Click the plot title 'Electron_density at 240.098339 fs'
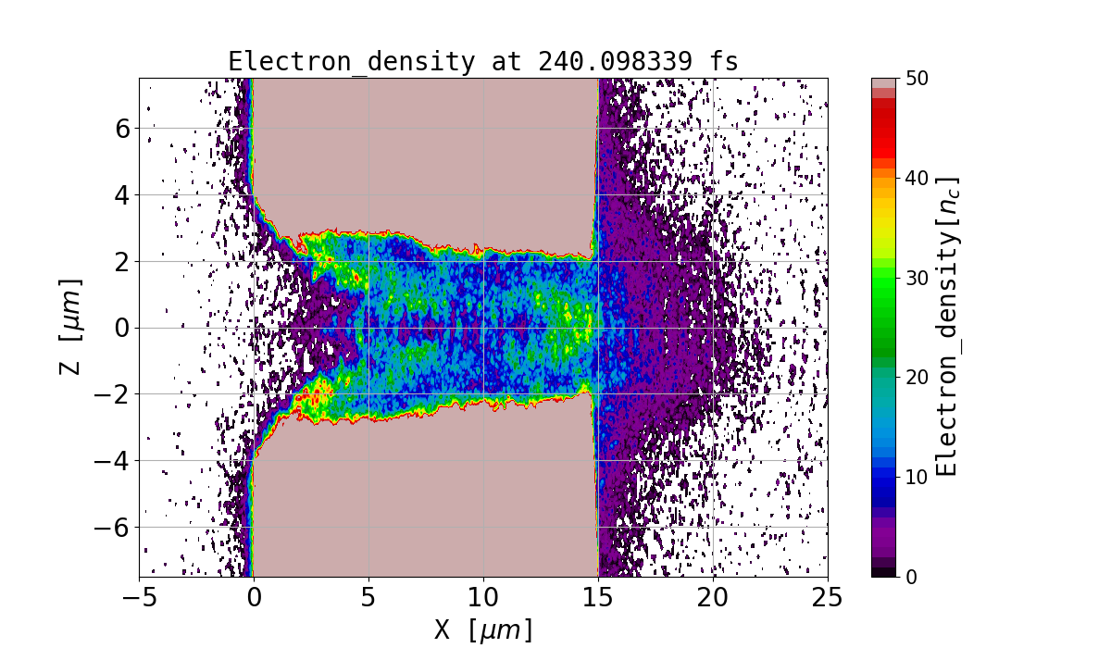[x=483, y=62]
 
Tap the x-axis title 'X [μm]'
[x=483, y=629]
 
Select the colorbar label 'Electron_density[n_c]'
[x=946, y=327]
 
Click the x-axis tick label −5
[x=139, y=598]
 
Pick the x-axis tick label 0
[x=254, y=598]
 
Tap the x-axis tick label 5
[x=368, y=598]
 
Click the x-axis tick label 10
[x=483, y=598]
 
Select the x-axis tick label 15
[x=598, y=598]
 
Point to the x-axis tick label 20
[x=713, y=598]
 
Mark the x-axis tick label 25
[x=828, y=598]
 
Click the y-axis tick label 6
[x=120, y=128]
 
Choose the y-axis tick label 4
[x=120, y=194]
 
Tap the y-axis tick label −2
[x=113, y=394]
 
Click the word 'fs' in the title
[x=726, y=62]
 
